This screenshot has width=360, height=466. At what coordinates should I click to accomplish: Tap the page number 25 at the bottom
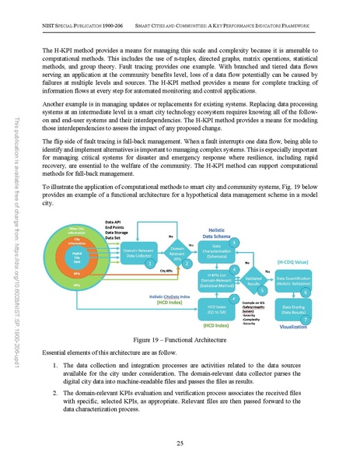point(180,442)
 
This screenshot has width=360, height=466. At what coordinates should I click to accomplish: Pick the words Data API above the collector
point(115,221)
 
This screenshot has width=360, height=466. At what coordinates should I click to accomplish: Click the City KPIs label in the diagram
point(166,272)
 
